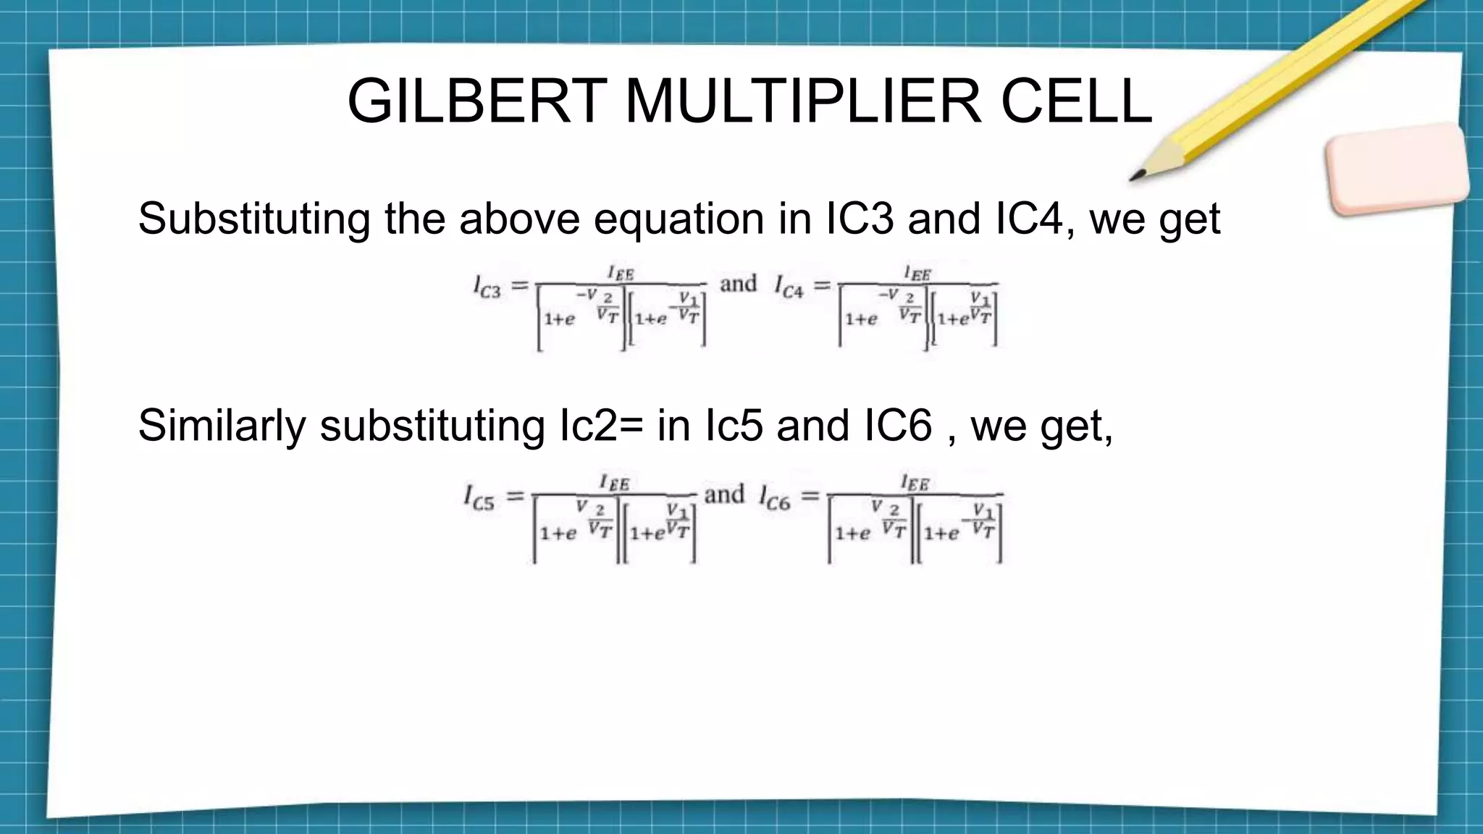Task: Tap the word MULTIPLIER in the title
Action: [802, 101]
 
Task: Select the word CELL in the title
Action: [1076, 101]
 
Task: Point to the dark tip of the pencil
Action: [1138, 176]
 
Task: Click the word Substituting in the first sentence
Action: [253, 219]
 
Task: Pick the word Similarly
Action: [222, 425]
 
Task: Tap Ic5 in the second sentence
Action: [733, 425]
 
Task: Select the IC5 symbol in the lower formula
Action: [479, 498]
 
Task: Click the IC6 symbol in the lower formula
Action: [774, 498]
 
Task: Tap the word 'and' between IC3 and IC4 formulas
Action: [738, 283]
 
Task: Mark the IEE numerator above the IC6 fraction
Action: [915, 482]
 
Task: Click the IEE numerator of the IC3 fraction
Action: [621, 273]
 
